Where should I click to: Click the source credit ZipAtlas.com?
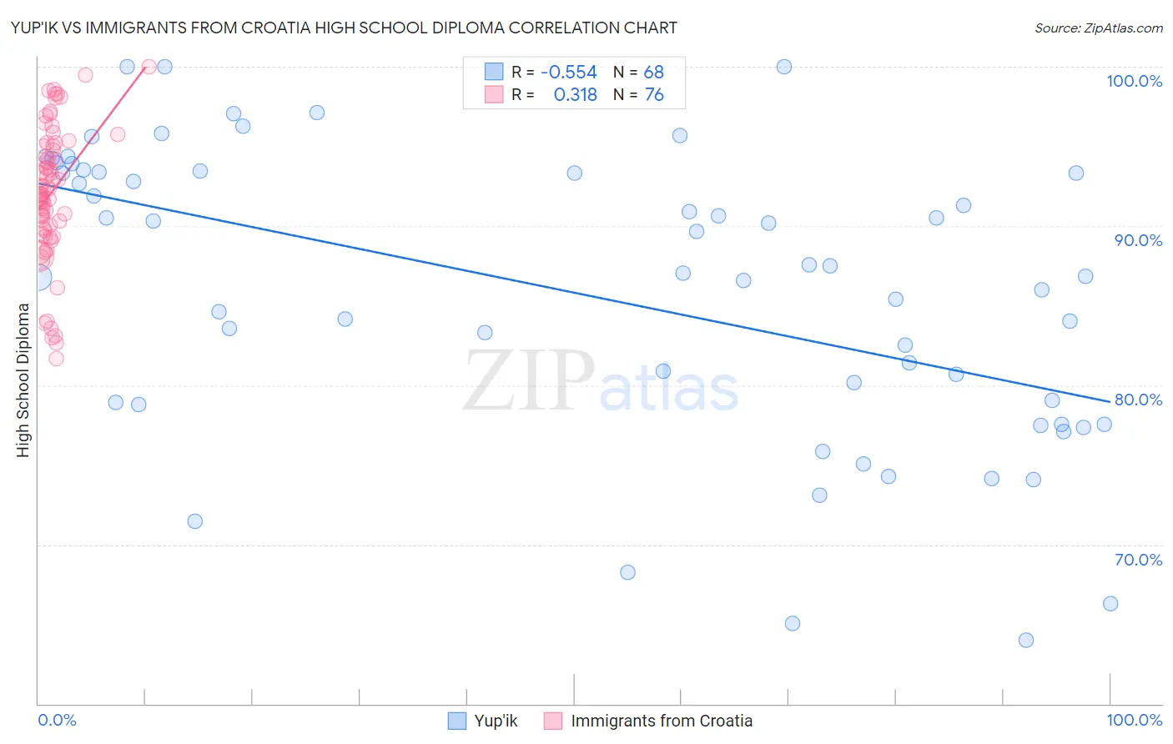point(1098,28)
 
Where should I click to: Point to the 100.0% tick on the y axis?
point(1134,81)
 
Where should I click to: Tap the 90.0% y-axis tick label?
point(1138,240)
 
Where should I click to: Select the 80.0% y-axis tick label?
point(1138,400)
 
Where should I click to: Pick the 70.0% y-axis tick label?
point(1138,560)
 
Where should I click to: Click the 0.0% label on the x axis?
point(57,720)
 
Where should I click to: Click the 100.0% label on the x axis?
point(1134,720)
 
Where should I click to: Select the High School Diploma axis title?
point(23,380)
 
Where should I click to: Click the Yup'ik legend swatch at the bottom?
point(456,721)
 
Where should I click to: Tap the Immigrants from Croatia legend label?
point(662,721)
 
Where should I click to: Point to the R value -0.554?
point(569,73)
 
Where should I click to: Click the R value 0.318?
point(576,95)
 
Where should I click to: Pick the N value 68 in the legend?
point(653,73)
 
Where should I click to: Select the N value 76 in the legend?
point(653,95)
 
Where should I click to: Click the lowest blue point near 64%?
point(1026,641)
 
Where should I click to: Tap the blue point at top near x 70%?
point(784,67)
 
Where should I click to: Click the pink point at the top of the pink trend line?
point(149,67)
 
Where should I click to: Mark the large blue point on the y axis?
point(38,278)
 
